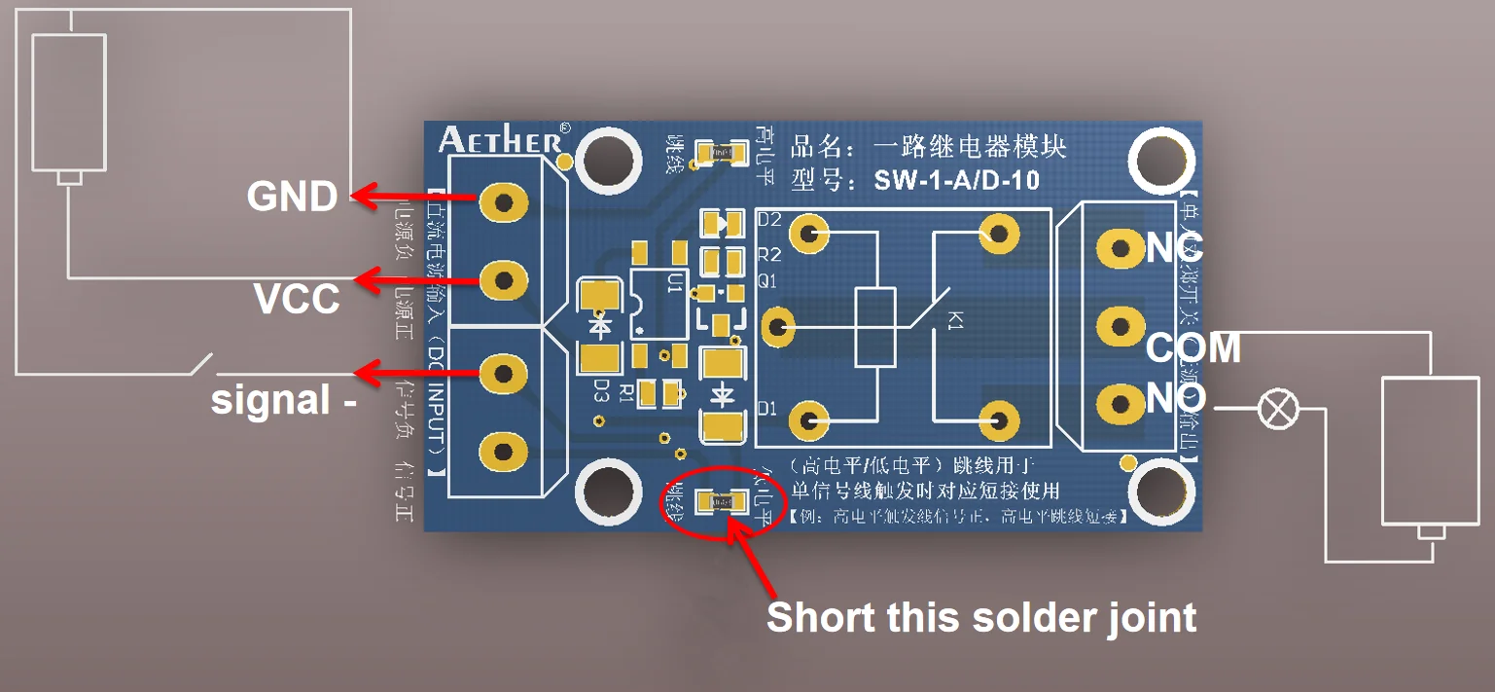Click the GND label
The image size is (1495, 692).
[x=292, y=197]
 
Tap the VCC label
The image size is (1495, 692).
[x=297, y=299]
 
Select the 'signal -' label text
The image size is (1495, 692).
[x=283, y=400]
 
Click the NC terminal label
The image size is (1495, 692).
[x=1174, y=248]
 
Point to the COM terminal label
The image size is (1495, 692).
[x=1192, y=347]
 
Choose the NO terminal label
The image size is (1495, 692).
[x=1176, y=397]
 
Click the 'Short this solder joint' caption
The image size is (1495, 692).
[x=981, y=618]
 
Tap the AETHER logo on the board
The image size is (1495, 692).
[x=500, y=140]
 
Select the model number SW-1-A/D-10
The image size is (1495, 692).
[x=956, y=180]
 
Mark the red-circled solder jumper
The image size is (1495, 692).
[x=721, y=502]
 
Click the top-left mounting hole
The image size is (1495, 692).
[x=609, y=156]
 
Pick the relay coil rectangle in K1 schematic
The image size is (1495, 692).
[x=873, y=327]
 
